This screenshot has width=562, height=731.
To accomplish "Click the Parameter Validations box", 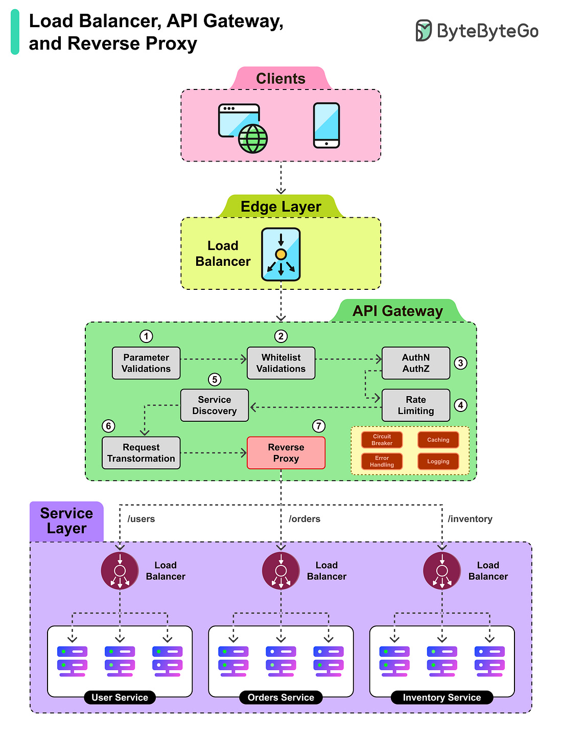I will coord(146,363).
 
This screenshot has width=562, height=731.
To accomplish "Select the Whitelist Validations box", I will coord(281,363).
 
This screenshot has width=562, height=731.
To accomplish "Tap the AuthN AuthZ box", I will coord(416,363).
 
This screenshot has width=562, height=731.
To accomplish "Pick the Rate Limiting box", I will coord(416,405).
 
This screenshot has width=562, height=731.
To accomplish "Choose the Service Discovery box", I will coord(215,405).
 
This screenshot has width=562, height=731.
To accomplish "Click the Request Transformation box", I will coord(141,453).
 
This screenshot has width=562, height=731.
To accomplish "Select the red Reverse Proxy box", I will coord(286,453).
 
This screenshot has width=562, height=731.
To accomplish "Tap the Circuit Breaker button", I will coord(382,440).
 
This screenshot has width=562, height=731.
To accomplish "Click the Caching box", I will coord(438,440).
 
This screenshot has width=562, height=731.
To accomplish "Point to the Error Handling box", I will coord(382,462).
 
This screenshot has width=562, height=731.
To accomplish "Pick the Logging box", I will coord(438,462).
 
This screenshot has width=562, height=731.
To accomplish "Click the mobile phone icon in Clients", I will coord(326,125).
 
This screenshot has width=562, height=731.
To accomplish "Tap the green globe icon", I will coord(253,139).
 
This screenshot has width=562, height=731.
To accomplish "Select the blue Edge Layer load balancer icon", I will coord(281,254).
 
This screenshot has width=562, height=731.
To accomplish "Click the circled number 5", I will coord(215,379).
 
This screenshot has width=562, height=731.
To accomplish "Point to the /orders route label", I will coord(305,519).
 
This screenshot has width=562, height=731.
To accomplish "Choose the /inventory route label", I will coord(470,519).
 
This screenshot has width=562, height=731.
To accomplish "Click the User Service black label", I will coord(120,697).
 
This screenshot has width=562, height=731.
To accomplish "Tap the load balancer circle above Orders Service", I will coord(281,570).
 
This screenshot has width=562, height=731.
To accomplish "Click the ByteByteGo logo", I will coord(477,31).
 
